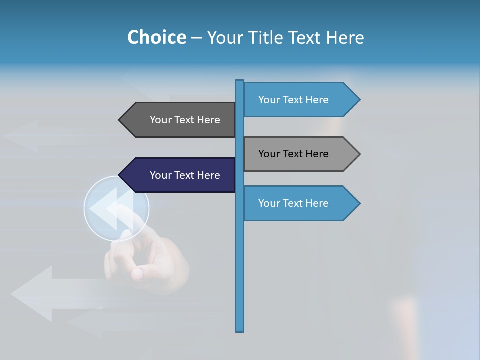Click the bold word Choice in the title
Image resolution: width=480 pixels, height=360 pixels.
point(156,37)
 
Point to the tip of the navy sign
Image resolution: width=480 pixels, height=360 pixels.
point(120,175)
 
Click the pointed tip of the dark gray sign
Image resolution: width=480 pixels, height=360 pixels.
point(120,120)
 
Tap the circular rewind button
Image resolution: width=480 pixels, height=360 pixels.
point(116,208)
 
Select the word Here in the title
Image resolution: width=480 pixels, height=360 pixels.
point(345,37)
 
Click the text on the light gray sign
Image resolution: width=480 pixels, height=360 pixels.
point(293,154)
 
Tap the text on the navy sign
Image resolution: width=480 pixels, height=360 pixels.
point(185,175)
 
